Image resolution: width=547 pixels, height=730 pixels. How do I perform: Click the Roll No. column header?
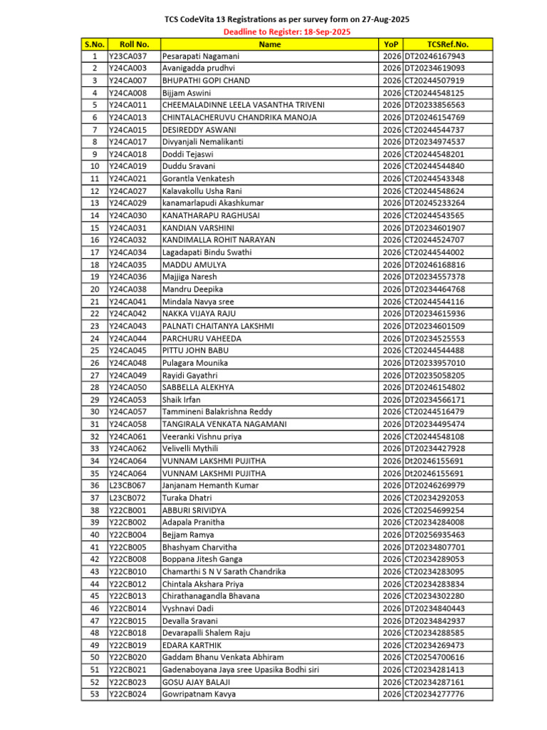(133, 44)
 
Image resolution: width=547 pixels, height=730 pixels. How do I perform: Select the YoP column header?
(391, 44)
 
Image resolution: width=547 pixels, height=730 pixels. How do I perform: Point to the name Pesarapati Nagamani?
(201, 56)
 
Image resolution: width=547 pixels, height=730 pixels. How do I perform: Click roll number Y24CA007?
(128, 81)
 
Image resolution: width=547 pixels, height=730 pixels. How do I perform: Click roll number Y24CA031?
(128, 228)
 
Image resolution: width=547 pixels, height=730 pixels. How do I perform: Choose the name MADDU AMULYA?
(194, 264)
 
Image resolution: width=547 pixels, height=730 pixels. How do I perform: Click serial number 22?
(95, 314)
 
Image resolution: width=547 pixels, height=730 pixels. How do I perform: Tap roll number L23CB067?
(128, 485)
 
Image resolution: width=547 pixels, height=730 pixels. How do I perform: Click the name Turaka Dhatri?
(187, 498)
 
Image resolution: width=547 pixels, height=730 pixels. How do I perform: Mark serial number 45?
(95, 596)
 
